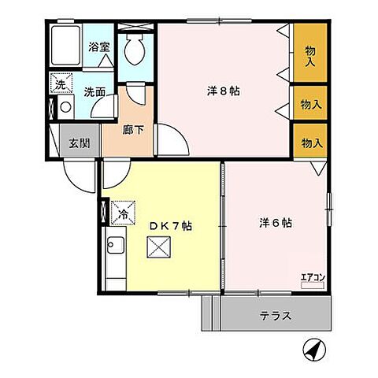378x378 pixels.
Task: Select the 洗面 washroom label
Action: pyautogui.click(x=94, y=91)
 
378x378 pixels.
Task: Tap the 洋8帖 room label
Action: pyautogui.click(x=224, y=90)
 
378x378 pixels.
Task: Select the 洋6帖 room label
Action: pyautogui.click(x=276, y=223)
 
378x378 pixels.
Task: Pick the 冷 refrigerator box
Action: pyautogui.click(x=124, y=213)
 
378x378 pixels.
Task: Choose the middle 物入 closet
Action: pyautogui.click(x=312, y=103)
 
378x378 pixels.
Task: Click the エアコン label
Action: pyautogui.click(x=313, y=276)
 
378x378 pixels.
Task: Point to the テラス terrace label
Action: pyautogui.click(x=276, y=317)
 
